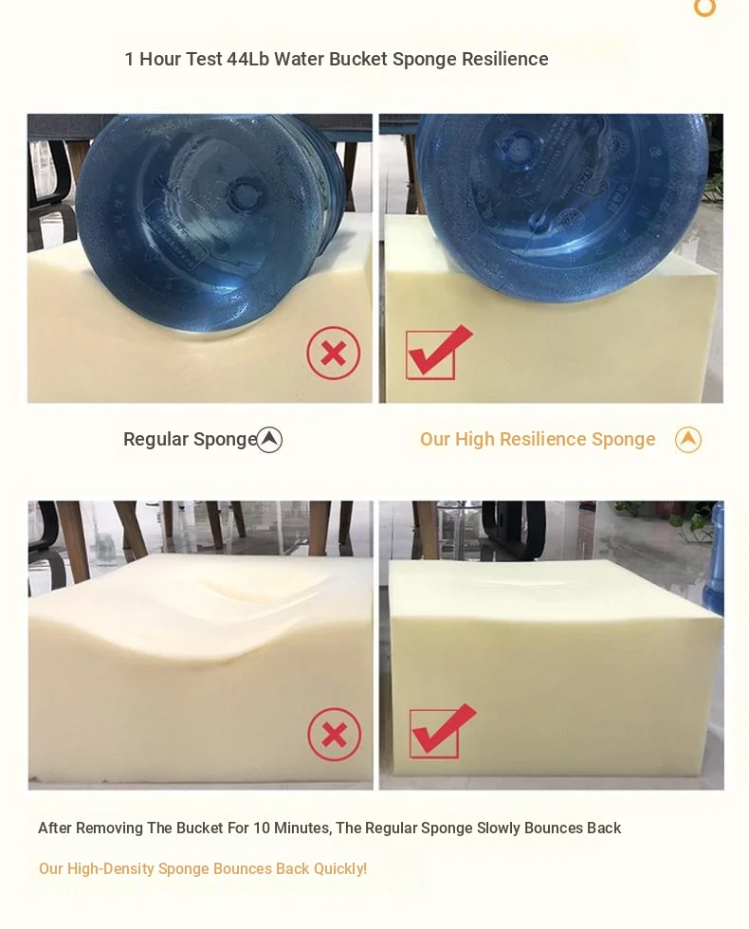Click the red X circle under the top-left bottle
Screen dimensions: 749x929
[334, 353]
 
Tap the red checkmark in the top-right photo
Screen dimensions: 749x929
[438, 353]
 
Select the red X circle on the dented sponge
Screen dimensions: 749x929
[335, 735]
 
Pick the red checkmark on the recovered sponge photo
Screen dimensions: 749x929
[442, 732]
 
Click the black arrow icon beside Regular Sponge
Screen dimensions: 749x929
[269, 440]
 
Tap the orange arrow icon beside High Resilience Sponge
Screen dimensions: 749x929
[688, 440]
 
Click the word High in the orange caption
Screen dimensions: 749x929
[475, 439]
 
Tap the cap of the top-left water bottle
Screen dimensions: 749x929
[241, 192]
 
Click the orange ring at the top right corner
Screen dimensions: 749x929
[705, 8]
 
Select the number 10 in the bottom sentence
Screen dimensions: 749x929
[262, 828]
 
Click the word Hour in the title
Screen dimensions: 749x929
[160, 59]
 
